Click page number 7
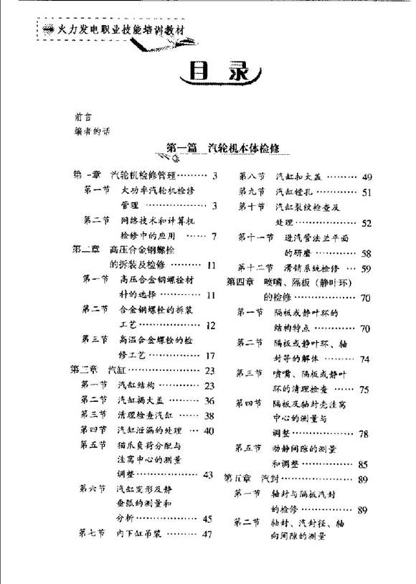coord(213,235)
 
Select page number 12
coord(209,325)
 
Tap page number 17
coord(209,355)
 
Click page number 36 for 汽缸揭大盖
coord(209,400)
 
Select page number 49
coord(367,176)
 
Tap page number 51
coord(367,192)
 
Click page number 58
coord(366,253)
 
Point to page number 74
coord(364,359)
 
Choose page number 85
coord(363,464)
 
